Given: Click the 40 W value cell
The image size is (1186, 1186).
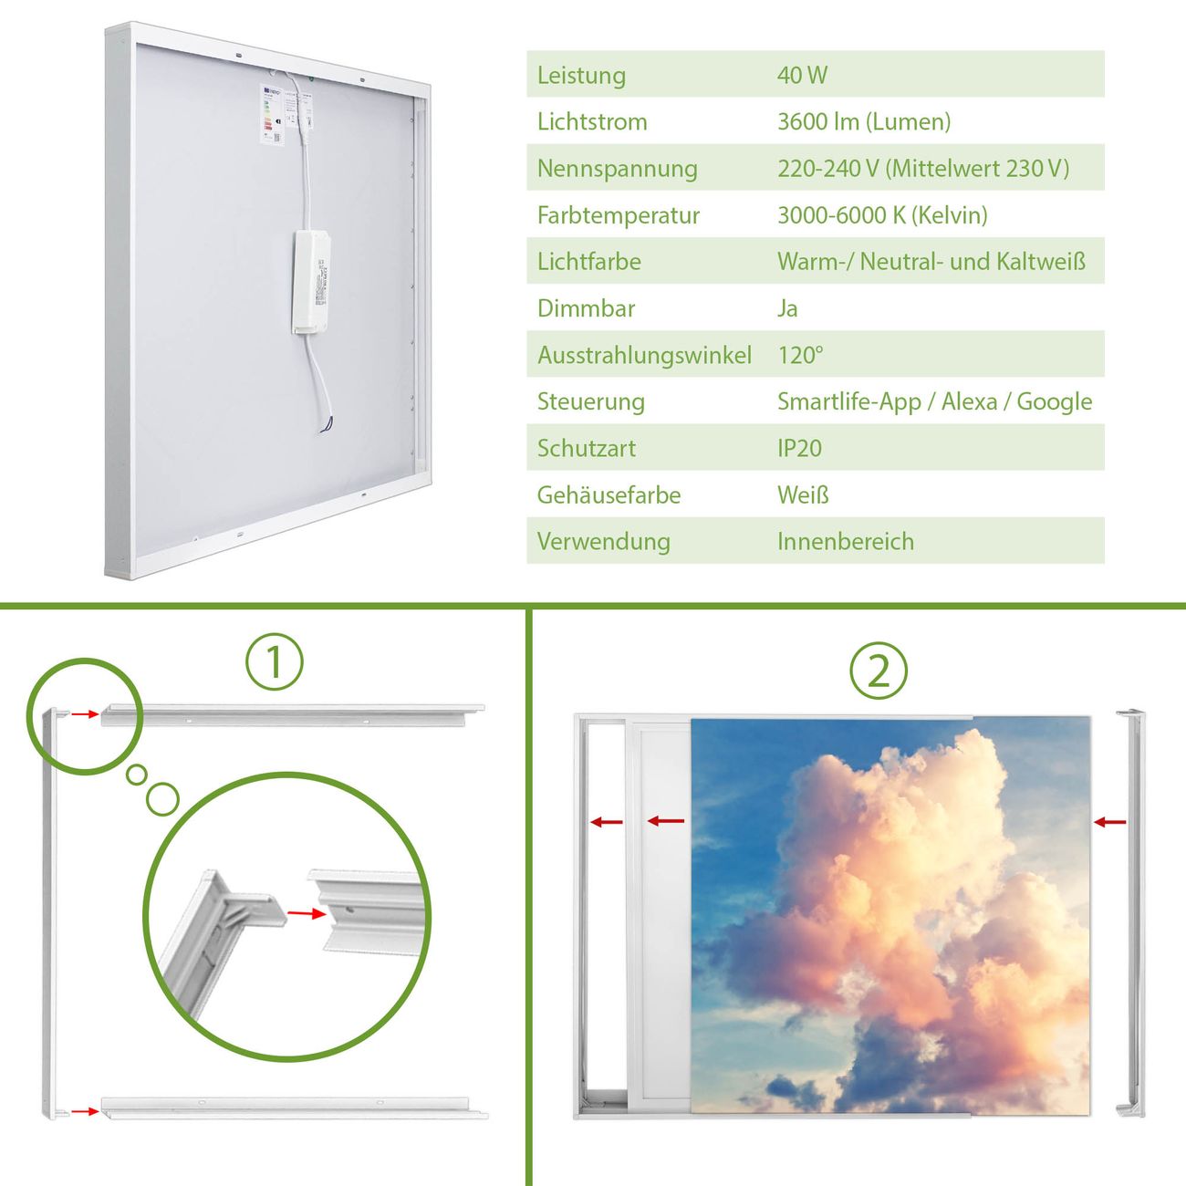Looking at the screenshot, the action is pos(802,75).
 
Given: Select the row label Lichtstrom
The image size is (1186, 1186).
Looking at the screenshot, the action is pos(592,121).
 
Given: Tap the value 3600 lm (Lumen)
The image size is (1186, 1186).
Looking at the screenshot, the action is pos(864,121).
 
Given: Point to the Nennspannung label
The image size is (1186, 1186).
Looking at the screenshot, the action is pos(618,169).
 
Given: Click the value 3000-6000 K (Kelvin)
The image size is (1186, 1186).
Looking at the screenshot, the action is pos(882,214).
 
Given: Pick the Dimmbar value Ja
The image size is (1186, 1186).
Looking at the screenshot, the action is pos(787,308).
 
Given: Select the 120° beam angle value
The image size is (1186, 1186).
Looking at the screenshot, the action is pos(800,355).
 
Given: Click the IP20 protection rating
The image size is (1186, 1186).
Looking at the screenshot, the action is pos(799,448).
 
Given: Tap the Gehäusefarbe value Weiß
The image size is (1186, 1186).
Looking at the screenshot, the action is pos(803,494).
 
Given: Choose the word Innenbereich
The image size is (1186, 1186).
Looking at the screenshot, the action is pos(845,542).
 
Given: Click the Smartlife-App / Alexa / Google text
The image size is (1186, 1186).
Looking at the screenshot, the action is pos(934,401).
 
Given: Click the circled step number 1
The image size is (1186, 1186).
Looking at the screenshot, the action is pos(275,661).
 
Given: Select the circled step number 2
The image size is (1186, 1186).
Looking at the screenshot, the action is pos(879,671).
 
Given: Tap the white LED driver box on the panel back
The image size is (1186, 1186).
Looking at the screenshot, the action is pos(311,283).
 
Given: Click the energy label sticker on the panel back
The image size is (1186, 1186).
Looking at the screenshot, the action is pos(272,114).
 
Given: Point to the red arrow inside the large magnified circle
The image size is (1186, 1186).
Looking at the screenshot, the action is pos(307,913).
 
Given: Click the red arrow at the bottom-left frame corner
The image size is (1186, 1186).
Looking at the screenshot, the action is pos(85,1111).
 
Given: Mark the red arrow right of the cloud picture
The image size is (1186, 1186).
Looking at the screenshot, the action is pos(1109,822).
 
